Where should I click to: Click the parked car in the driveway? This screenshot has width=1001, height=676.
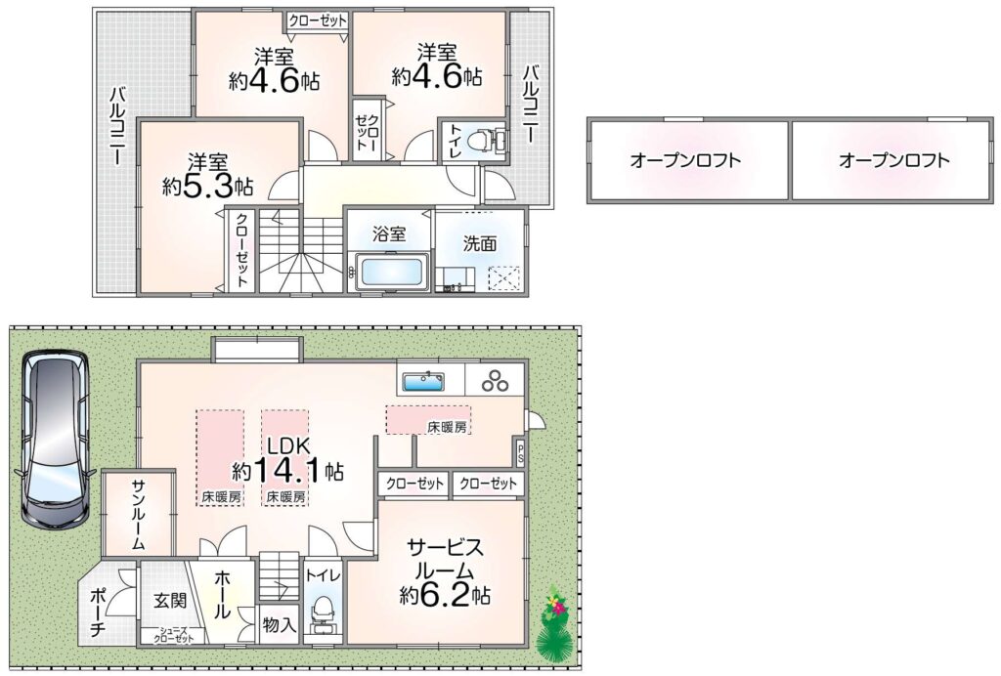pyautogui.click(x=55, y=441)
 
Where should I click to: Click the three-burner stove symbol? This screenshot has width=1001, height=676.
pyautogui.click(x=495, y=381)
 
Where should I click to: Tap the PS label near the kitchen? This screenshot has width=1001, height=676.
pyautogui.click(x=520, y=454)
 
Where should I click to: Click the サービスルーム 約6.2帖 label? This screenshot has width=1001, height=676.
pyautogui.click(x=445, y=570)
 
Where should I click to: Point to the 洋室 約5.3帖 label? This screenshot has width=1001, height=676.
pyautogui.click(x=207, y=175)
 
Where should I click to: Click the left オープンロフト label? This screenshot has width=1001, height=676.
pyautogui.click(x=685, y=159)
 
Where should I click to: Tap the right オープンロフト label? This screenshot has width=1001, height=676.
pyautogui.click(x=894, y=159)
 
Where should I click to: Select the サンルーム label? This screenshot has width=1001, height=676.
pyautogui.click(x=138, y=515)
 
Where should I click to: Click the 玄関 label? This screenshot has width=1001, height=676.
pyautogui.click(x=170, y=600)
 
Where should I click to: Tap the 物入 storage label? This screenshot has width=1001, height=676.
pyautogui.click(x=280, y=625)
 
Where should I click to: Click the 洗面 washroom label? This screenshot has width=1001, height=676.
pyautogui.click(x=480, y=243)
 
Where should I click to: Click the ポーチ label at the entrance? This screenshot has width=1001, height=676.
pyautogui.click(x=97, y=613)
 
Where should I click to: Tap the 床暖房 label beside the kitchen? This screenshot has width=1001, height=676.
pyautogui.click(x=447, y=427)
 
